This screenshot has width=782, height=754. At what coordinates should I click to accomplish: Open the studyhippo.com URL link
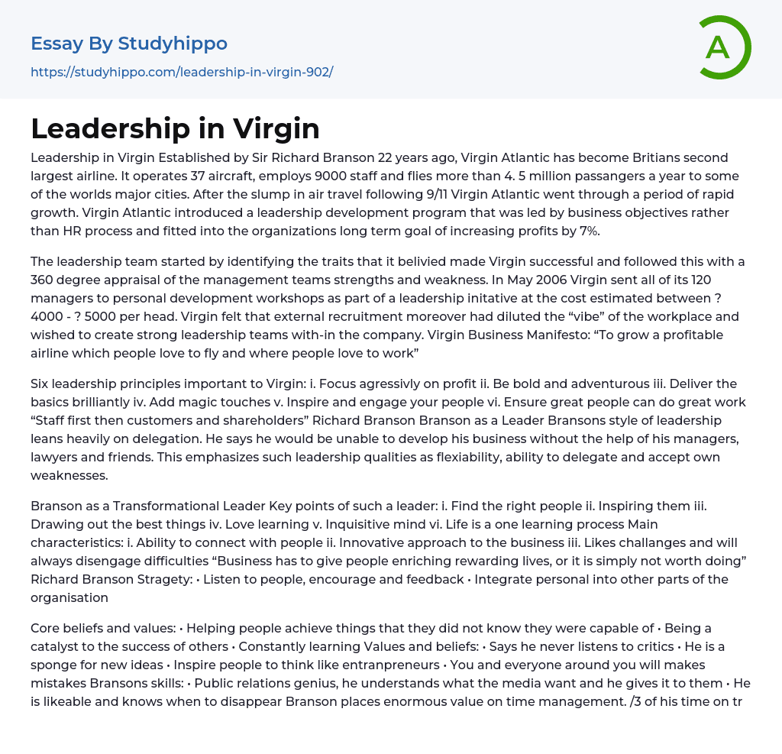click(182, 73)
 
